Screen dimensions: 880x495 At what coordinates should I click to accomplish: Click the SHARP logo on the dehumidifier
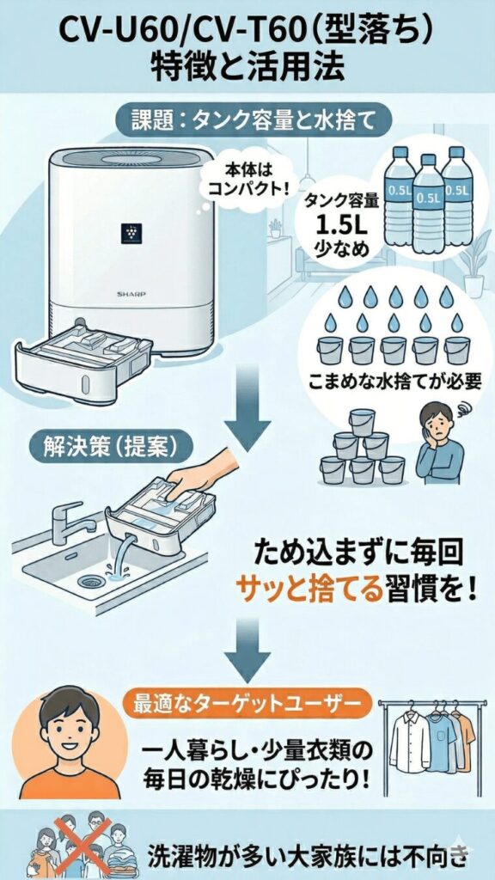click(131, 292)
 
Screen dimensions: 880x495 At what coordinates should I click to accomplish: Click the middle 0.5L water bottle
click(427, 204)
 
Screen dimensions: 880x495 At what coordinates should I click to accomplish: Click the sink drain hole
click(90, 581)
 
